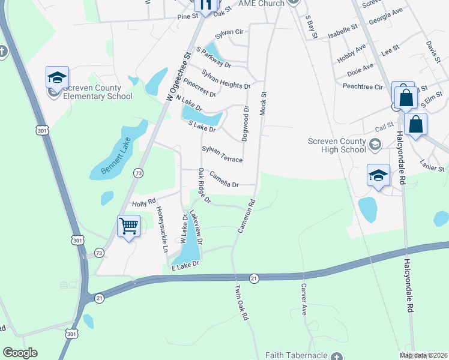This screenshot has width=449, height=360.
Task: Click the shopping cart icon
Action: tap(129, 226)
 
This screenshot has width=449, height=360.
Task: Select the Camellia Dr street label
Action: tap(224, 179)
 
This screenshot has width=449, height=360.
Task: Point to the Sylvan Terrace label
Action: tap(221, 154)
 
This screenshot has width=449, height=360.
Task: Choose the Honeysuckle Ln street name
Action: tap(161, 229)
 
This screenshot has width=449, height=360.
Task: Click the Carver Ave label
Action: tap(304, 299)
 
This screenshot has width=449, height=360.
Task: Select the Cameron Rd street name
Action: tap(246, 217)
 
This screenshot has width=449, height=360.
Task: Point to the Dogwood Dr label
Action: tap(245, 124)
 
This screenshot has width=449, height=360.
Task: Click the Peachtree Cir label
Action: tap(363, 86)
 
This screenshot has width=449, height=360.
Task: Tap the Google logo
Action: tap(20, 352)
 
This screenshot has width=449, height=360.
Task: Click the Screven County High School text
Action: tap(337, 146)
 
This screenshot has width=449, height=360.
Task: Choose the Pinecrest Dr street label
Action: tap(200, 88)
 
